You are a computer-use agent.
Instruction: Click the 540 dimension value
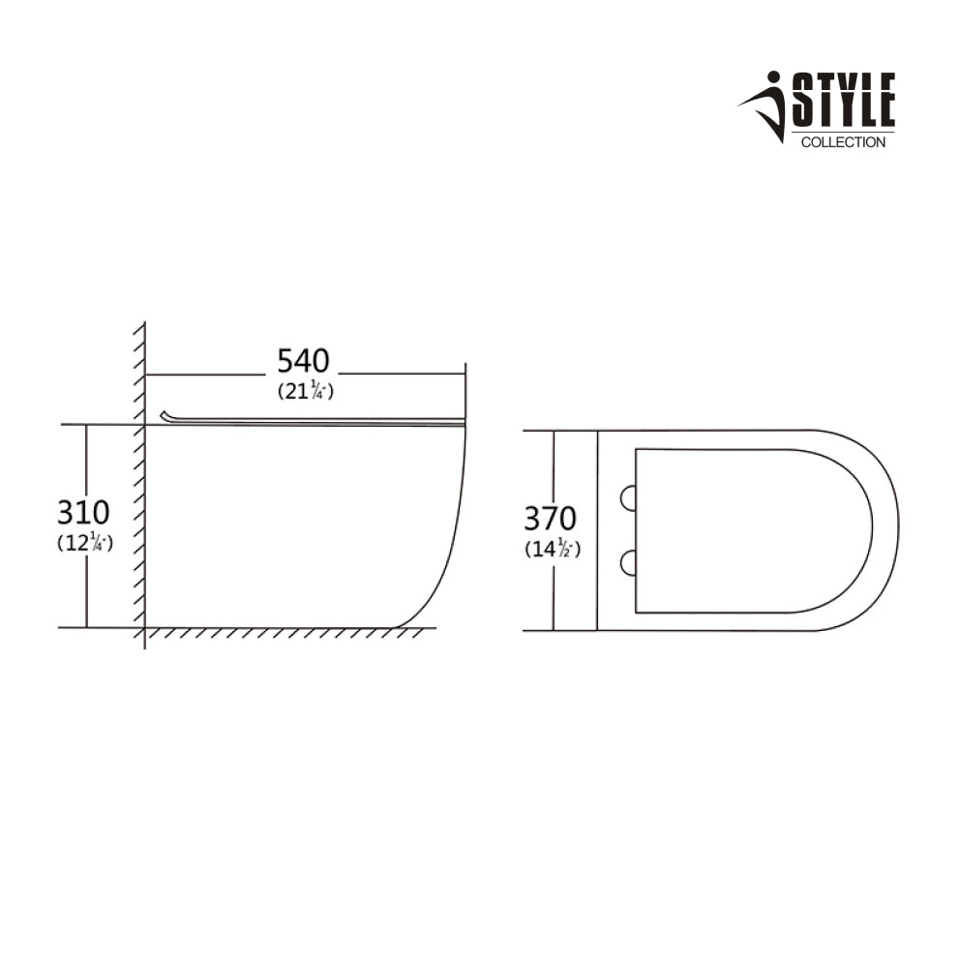click(303, 361)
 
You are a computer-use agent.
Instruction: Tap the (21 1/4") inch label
click(305, 392)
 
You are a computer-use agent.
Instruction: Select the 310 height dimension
click(83, 512)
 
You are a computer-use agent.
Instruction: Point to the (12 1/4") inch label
click(85, 544)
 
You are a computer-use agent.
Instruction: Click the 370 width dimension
click(550, 519)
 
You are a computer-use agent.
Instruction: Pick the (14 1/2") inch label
click(552, 550)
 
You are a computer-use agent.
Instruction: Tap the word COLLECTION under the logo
click(843, 143)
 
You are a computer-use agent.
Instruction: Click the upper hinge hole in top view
click(628, 496)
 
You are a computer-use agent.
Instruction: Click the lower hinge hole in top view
click(628, 562)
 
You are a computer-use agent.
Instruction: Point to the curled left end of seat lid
click(166, 415)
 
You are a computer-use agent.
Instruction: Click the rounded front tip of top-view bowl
click(897, 530)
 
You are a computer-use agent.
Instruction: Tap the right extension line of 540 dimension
click(465, 387)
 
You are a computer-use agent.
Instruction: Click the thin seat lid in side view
click(319, 420)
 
